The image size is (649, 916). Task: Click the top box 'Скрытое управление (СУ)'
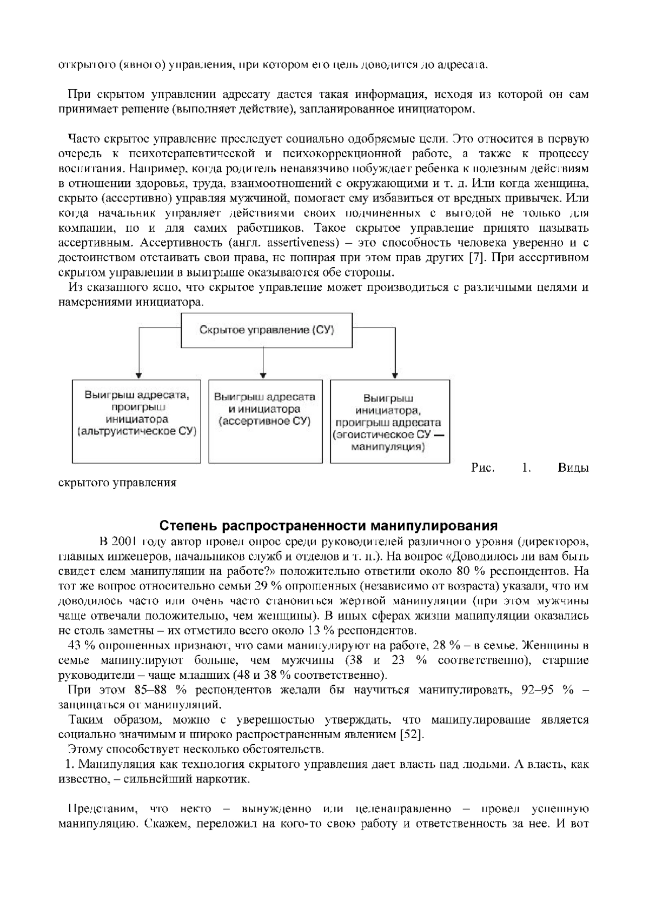coord(263,330)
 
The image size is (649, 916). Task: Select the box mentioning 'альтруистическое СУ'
coord(136,421)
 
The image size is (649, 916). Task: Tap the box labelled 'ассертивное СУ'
coord(264,421)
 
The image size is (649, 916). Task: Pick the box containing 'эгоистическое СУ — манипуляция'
coord(389,421)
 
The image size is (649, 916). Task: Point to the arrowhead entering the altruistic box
coord(139,375)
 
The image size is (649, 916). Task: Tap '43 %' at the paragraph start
coord(78,645)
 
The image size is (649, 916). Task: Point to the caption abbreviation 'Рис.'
coord(483,467)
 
